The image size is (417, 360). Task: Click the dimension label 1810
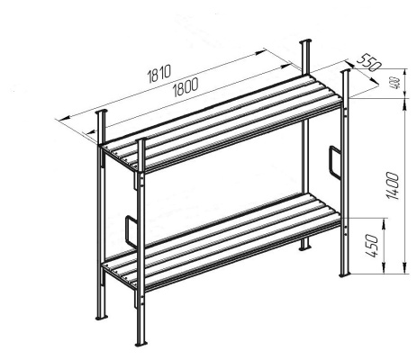[159, 73]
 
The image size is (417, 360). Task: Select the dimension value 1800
[186, 86]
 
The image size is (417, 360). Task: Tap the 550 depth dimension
[368, 63]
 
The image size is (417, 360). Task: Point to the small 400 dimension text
[396, 84]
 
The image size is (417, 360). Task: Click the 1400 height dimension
[394, 185]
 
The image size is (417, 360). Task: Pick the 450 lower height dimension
[371, 246]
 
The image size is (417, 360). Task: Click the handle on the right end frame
[335, 163]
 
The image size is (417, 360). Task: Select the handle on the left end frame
[131, 231]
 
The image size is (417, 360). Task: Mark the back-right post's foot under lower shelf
[304, 248]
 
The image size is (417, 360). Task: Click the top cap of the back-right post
[305, 41]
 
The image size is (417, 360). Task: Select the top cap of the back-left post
[102, 112]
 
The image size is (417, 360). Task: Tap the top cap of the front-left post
[141, 139]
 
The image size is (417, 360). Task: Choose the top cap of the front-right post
[345, 71]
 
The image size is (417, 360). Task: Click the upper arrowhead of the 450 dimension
[384, 222]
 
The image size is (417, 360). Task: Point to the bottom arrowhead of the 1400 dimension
[405, 268]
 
